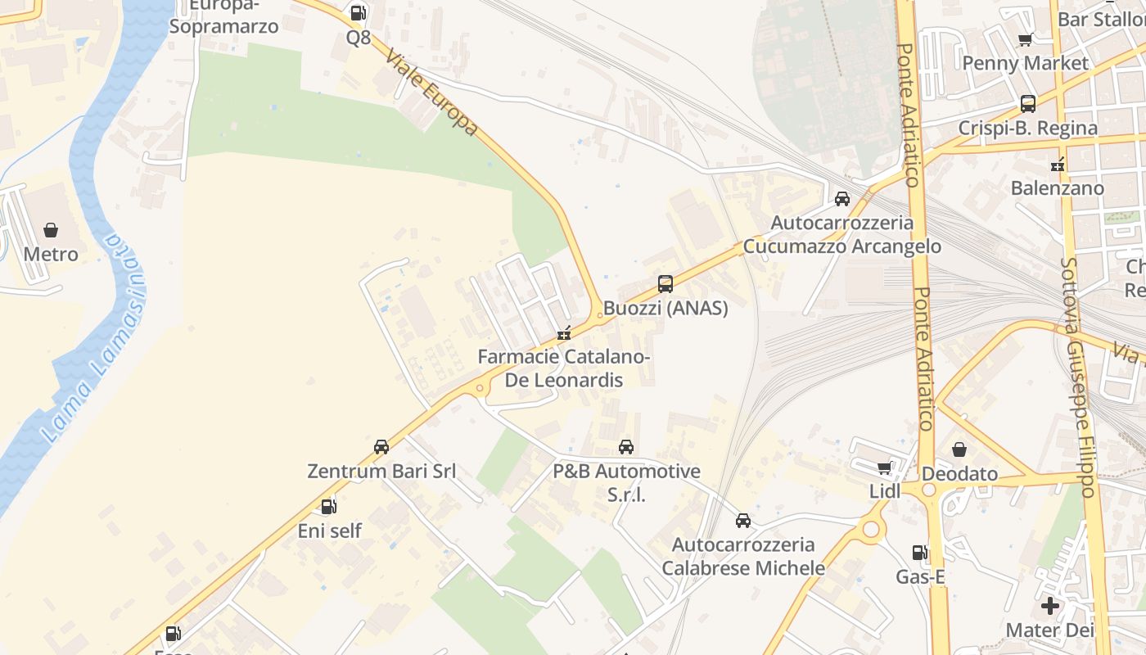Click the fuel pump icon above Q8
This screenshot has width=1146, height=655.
pyautogui.click(x=358, y=13)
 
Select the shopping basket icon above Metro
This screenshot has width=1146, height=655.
pyautogui.click(x=51, y=230)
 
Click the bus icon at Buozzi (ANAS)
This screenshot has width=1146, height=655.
pyautogui.click(x=665, y=284)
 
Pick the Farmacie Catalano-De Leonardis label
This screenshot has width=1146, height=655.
pyautogui.click(x=563, y=368)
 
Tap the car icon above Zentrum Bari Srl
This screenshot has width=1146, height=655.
pyautogui.click(x=381, y=447)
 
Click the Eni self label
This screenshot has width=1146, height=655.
pyautogui.click(x=329, y=531)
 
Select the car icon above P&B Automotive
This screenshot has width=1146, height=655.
pyautogui.click(x=626, y=447)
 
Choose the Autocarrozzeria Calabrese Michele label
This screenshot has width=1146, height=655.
pyautogui.click(x=743, y=556)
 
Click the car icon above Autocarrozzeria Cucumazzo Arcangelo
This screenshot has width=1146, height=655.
pyautogui.click(x=842, y=199)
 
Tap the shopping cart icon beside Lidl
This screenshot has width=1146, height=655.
pyautogui.click(x=884, y=468)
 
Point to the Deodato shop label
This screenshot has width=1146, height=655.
pyautogui.click(x=959, y=474)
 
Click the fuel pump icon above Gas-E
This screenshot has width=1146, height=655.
pyautogui.click(x=920, y=553)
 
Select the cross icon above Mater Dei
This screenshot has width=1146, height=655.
pyautogui.click(x=1050, y=607)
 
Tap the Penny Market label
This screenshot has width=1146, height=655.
pyautogui.click(x=1025, y=63)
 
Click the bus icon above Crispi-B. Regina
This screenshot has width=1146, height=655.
pyautogui.click(x=1028, y=104)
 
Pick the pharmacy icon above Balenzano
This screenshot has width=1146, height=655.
pyautogui.click(x=1058, y=165)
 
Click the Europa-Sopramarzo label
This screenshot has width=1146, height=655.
pyautogui.click(x=223, y=18)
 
